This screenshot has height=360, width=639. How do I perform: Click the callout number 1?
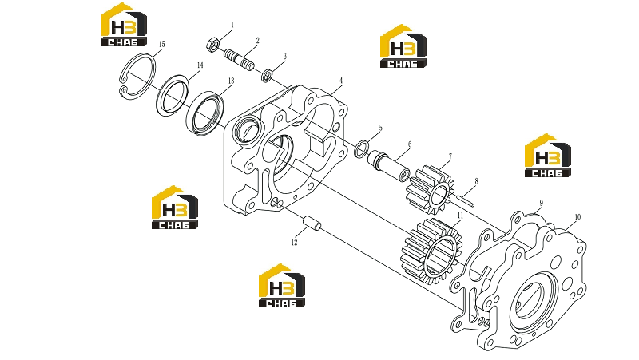(232, 26)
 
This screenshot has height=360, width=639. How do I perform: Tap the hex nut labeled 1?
(213, 44)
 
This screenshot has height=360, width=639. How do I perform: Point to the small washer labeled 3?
(268, 75)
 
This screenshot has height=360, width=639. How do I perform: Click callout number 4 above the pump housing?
(341, 81)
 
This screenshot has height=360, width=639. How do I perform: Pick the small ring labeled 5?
(362, 149)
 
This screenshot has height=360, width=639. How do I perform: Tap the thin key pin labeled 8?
(465, 198)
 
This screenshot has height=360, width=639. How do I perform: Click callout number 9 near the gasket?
(542, 203)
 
